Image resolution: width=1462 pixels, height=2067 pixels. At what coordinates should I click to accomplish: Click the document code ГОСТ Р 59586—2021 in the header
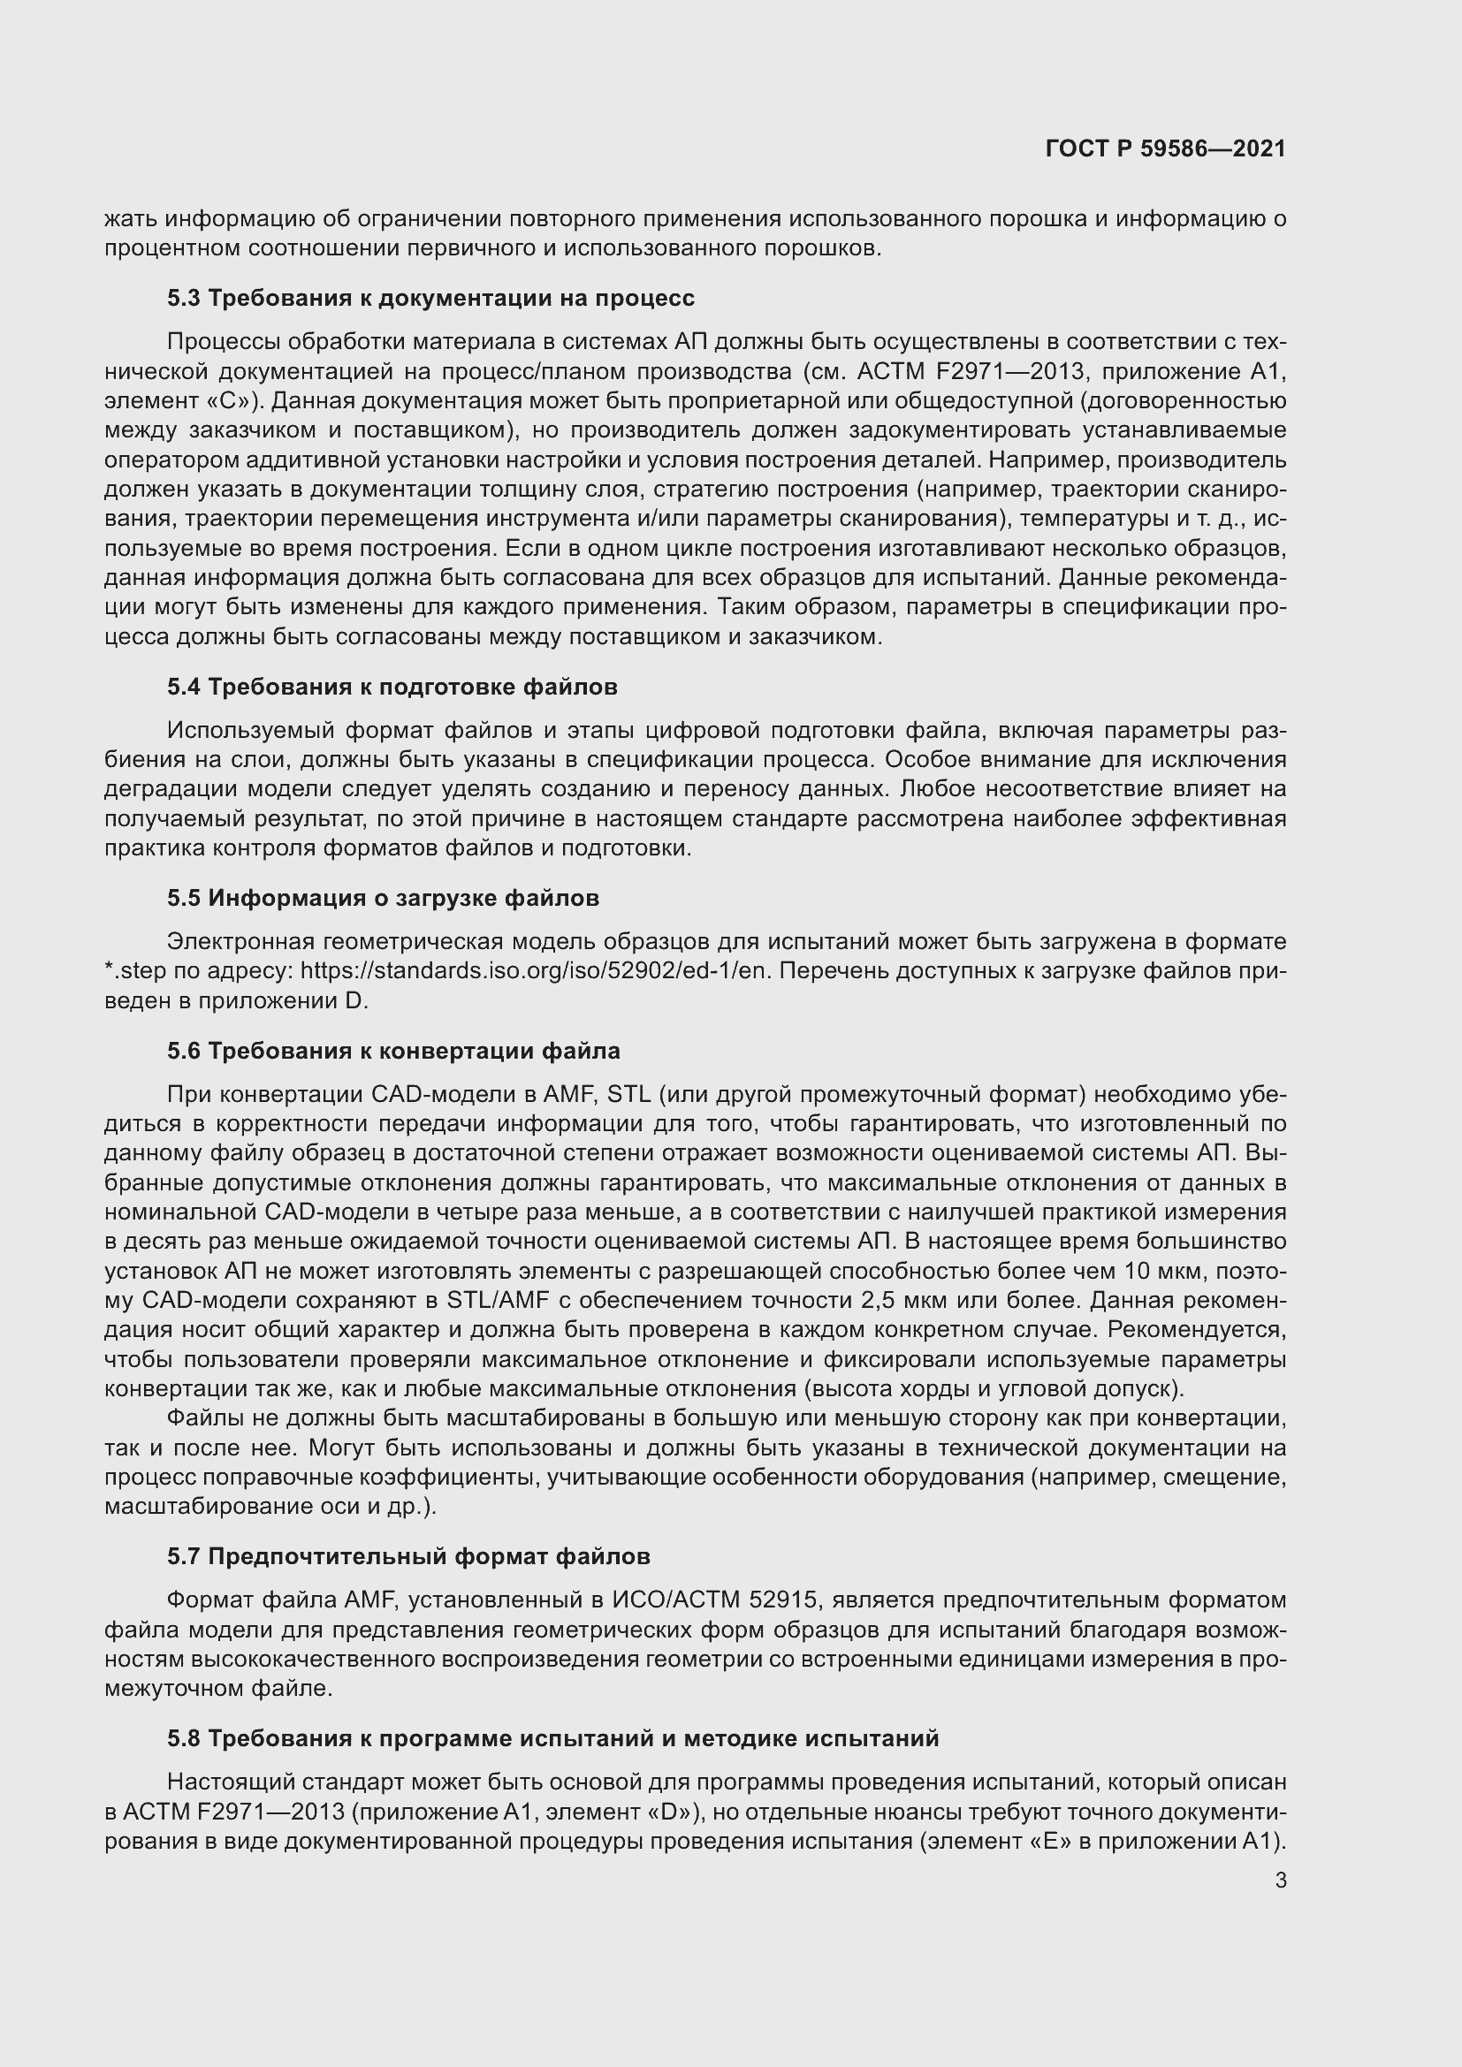pos(1165,148)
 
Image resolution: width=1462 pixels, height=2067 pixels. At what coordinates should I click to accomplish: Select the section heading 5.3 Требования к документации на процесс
pos(430,298)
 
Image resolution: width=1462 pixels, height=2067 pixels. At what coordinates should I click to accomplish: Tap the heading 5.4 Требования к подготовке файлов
pos(392,687)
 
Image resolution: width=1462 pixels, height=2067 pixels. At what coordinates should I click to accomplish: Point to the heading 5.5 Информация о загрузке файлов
pos(383,898)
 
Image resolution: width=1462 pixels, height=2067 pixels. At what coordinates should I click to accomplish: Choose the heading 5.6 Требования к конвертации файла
pos(393,1051)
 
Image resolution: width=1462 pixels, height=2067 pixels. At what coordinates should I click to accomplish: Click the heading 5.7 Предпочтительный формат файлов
pos(407,1556)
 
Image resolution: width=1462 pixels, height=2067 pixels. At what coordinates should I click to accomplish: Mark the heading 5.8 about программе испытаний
pos(552,1738)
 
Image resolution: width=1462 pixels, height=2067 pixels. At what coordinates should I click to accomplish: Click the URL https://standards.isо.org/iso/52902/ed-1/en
pos(536,970)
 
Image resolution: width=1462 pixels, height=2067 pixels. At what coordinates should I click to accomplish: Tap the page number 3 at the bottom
pos(1280,1880)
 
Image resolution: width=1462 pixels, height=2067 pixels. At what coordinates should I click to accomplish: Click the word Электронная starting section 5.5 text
pos(240,942)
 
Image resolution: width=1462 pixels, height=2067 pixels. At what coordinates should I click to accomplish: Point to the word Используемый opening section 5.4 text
pos(250,730)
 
